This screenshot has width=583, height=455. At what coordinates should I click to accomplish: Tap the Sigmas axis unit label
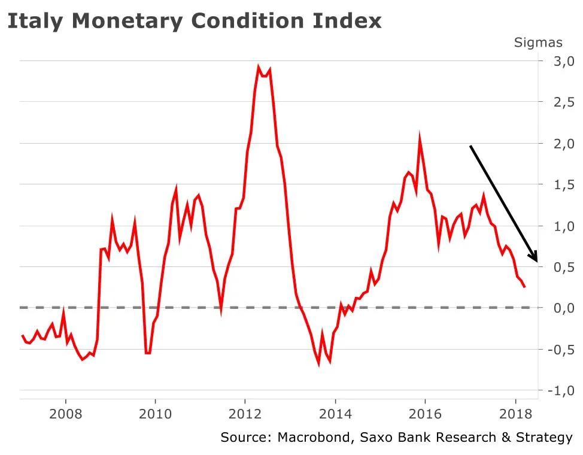pos(539,43)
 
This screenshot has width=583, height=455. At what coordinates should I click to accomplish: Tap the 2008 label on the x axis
pos(65,414)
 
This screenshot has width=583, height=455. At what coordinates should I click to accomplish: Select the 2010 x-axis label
pos(156,414)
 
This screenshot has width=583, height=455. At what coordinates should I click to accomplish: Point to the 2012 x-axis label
pos(245,414)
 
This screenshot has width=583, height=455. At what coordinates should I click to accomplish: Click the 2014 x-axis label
pos(336,414)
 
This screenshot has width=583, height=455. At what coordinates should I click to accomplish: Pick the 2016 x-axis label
pos(426,414)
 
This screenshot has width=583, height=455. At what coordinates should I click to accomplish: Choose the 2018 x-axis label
pos(516,414)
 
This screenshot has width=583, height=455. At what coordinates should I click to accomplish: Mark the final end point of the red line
pos(525,287)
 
